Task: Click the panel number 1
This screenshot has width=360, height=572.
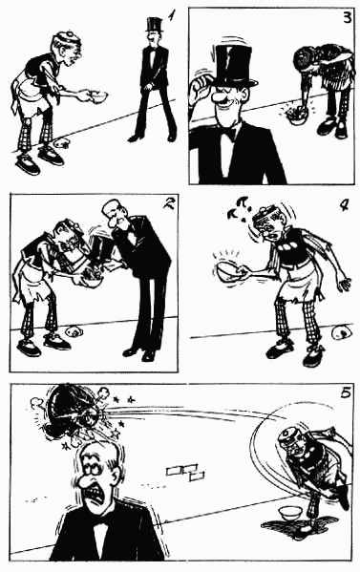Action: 171,15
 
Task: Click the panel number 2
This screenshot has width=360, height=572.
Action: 168,202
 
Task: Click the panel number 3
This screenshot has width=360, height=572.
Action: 347,17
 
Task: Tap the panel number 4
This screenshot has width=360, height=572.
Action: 344,205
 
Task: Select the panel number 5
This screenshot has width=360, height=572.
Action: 346,392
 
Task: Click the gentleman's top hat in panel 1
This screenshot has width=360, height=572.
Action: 154,24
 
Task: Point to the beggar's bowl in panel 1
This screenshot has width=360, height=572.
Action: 98,95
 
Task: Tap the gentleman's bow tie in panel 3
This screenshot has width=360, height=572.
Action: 227,135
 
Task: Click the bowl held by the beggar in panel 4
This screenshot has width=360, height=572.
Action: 229,271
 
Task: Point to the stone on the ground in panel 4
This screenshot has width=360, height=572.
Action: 342,332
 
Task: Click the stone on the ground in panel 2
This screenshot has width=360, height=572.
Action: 74,331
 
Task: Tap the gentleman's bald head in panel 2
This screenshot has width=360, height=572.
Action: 112,209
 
